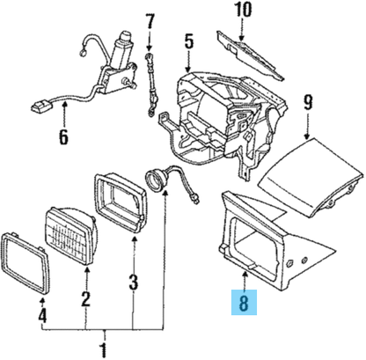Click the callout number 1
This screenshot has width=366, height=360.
click(103, 349)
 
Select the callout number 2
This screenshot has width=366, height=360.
click(85, 298)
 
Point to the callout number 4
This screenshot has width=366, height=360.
click(42, 315)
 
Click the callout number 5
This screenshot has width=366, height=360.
click(189, 41)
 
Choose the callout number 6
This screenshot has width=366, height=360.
click(63, 136)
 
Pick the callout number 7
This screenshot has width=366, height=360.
click(150, 21)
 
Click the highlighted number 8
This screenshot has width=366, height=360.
click(244, 302)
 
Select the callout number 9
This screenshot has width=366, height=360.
click(308, 102)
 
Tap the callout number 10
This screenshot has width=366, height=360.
click(243, 10)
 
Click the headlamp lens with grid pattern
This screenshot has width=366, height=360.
click(71, 237)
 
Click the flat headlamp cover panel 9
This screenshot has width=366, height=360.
click(310, 177)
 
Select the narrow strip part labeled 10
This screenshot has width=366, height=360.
click(250, 55)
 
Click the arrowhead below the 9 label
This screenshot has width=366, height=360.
click(307, 136)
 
